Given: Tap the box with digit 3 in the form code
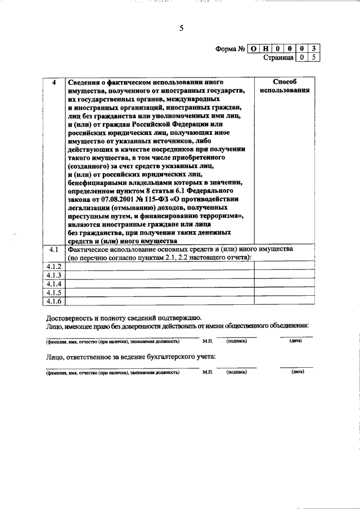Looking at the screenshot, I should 314,49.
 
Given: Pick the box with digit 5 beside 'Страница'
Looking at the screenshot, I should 314,57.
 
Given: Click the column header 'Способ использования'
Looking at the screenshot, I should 284,86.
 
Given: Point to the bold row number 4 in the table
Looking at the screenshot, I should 54,82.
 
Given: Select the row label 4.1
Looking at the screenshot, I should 54,249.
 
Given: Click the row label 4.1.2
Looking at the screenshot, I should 54,267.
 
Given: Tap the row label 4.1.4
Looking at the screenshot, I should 54,284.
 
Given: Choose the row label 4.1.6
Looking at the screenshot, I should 54,301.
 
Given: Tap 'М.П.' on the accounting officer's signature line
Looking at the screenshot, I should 208,372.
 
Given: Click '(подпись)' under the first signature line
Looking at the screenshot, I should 237,341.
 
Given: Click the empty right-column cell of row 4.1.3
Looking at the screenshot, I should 284,276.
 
